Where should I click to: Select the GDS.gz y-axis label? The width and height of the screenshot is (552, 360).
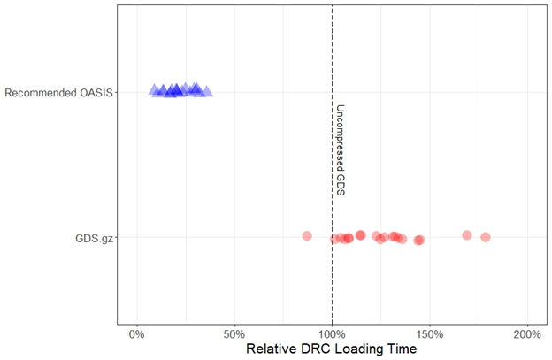coord(94,237)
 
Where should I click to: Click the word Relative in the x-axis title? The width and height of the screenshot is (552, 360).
coord(272,349)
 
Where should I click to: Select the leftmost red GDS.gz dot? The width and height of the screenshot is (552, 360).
coord(307,236)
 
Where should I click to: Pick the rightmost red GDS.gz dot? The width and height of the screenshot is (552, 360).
coord(485,237)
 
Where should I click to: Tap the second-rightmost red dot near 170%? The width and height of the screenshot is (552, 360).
coord(466,235)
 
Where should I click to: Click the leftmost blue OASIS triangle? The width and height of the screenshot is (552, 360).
coord(154,89)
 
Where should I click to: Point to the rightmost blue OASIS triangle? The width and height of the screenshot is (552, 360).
coord(207,90)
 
